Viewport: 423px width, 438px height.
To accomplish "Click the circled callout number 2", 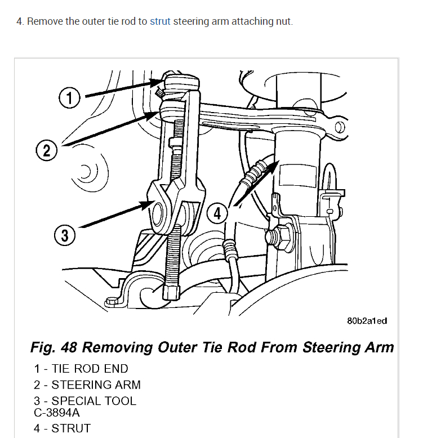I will [46, 150].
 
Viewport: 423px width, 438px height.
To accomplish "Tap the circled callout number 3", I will [65, 235].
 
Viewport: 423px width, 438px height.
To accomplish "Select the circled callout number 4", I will [219, 214].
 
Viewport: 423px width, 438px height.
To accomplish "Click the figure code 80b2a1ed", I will [367, 321].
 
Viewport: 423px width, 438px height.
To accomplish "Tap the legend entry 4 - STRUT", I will [62, 428].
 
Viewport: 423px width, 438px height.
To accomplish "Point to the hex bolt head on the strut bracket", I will [283, 236].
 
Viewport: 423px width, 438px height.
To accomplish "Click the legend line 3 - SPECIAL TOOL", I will [85, 401].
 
